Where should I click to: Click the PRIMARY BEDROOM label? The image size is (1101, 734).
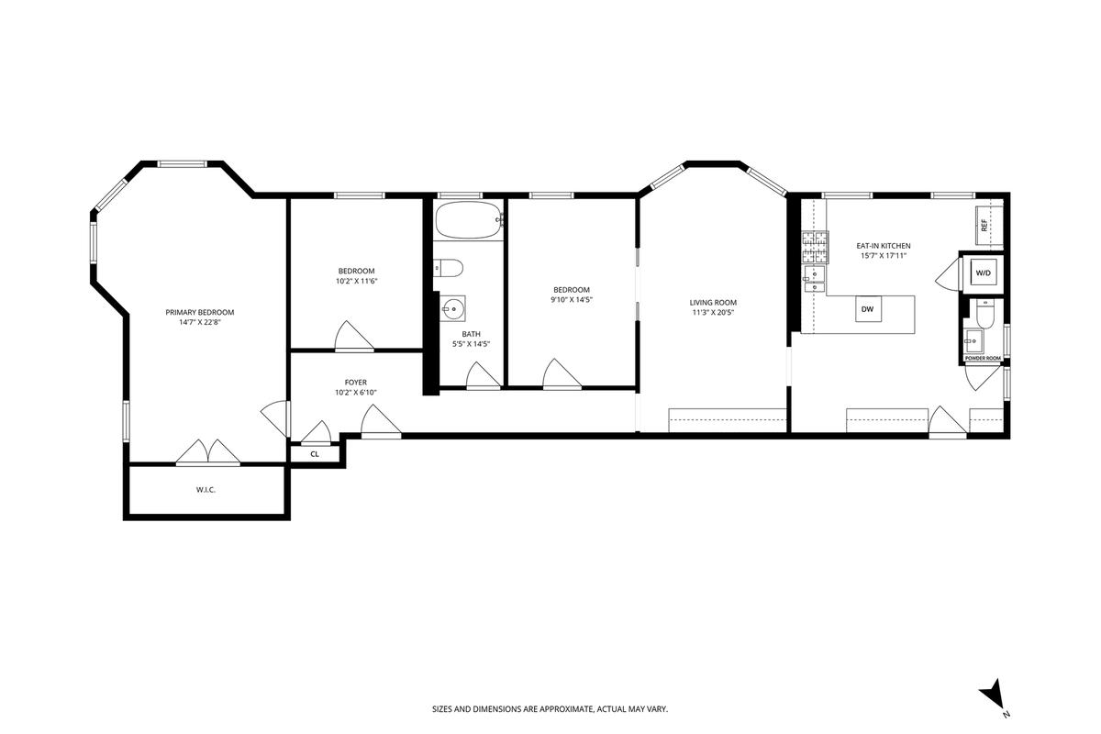coord(200,312)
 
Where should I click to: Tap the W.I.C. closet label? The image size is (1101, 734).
coord(206,490)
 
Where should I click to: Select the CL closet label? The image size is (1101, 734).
coord(315,454)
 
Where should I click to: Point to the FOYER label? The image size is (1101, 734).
coord(355,383)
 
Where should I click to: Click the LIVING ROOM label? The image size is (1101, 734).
coord(713,303)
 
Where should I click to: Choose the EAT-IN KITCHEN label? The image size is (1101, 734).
coord(884,246)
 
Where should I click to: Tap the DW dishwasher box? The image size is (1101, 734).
coord(868,309)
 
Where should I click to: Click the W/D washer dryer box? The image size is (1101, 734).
coord(983,272)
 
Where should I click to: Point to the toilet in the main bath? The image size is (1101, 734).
coord(449,268)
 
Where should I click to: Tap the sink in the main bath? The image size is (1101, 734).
coord(452,309)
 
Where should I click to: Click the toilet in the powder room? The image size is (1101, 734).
coord(984,313)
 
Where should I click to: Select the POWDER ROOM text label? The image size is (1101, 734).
coord(983,359)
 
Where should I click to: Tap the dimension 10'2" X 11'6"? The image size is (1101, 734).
coord(356,281)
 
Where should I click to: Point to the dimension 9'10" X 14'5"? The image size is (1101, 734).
coord(571,299)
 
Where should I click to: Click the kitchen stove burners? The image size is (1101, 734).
coord(816,248)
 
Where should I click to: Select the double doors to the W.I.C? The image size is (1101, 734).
coord(208,451)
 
